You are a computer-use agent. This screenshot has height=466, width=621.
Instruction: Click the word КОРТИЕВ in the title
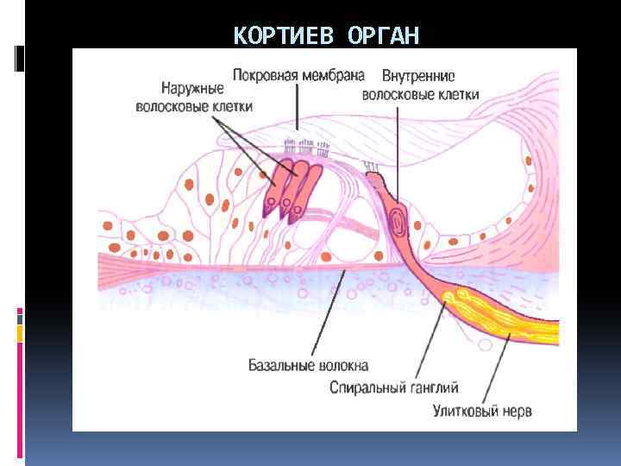[x=286, y=36]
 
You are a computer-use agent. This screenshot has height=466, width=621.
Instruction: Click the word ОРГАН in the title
[x=385, y=36]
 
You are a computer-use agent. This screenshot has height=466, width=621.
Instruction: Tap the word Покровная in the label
[x=266, y=74]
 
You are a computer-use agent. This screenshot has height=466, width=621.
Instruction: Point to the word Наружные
[x=192, y=88]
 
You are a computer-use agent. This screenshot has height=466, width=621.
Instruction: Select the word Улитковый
[x=466, y=411]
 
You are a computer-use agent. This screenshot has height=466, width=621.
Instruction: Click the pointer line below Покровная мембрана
[x=297, y=108]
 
